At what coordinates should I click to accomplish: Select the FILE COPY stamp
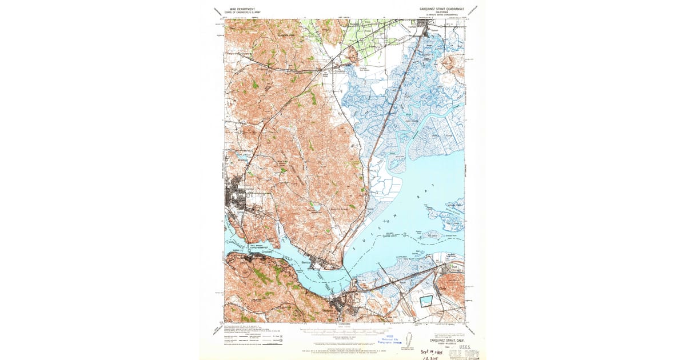(x=464, y=354)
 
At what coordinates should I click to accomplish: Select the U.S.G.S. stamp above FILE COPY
(x=464, y=346)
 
